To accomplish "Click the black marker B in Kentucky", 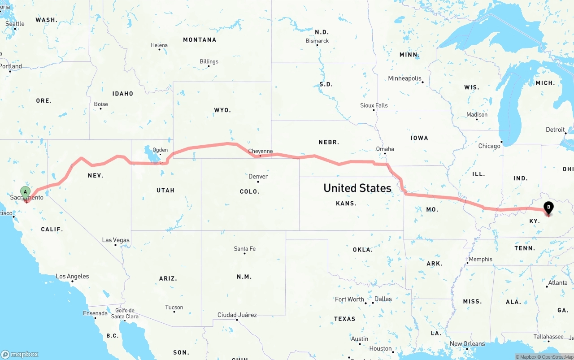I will tap(548, 208).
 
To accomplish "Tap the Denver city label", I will tap(258, 177).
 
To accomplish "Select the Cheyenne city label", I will tap(260, 152).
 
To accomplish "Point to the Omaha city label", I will tap(385, 149).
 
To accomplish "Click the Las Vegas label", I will tap(116, 240).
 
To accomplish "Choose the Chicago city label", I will tap(489, 146).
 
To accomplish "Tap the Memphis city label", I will tap(480, 259).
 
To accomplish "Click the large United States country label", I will tap(357, 188).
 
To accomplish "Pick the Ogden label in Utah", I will tap(160, 150).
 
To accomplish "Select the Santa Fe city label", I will tap(244, 249).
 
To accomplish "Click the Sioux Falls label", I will tap(374, 105).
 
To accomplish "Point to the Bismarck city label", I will tap(317, 41).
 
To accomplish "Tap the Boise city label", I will tap(101, 104).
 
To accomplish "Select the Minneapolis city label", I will tap(404, 78).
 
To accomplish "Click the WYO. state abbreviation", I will tap(222, 110).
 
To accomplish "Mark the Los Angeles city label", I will tap(72, 277).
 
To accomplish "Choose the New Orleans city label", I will tap(467, 344).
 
